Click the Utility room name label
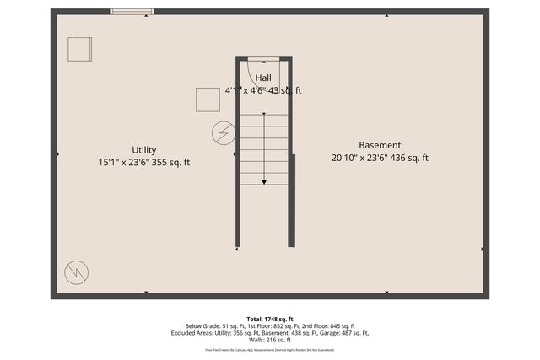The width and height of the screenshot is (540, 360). pos(143,149)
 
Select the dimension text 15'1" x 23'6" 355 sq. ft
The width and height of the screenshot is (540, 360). pos(143,162)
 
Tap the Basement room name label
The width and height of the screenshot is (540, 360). pos(380,145)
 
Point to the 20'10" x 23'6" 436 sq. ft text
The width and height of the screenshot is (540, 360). pos(380,158)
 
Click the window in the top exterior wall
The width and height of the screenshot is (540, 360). pos(132,12)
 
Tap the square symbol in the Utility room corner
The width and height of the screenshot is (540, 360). pos(79,49)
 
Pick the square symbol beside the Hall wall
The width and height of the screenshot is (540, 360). pos(208,99)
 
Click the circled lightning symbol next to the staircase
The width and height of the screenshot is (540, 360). pos(224,133)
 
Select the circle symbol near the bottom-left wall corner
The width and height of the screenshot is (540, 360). pos(77,271)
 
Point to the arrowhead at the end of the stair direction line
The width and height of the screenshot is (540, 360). pos(264,181)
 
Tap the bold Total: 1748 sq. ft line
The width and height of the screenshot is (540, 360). pos(270,317)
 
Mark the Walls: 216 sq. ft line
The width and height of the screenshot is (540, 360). pos(270,340)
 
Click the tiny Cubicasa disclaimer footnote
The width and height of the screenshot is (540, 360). pos(270,349)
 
